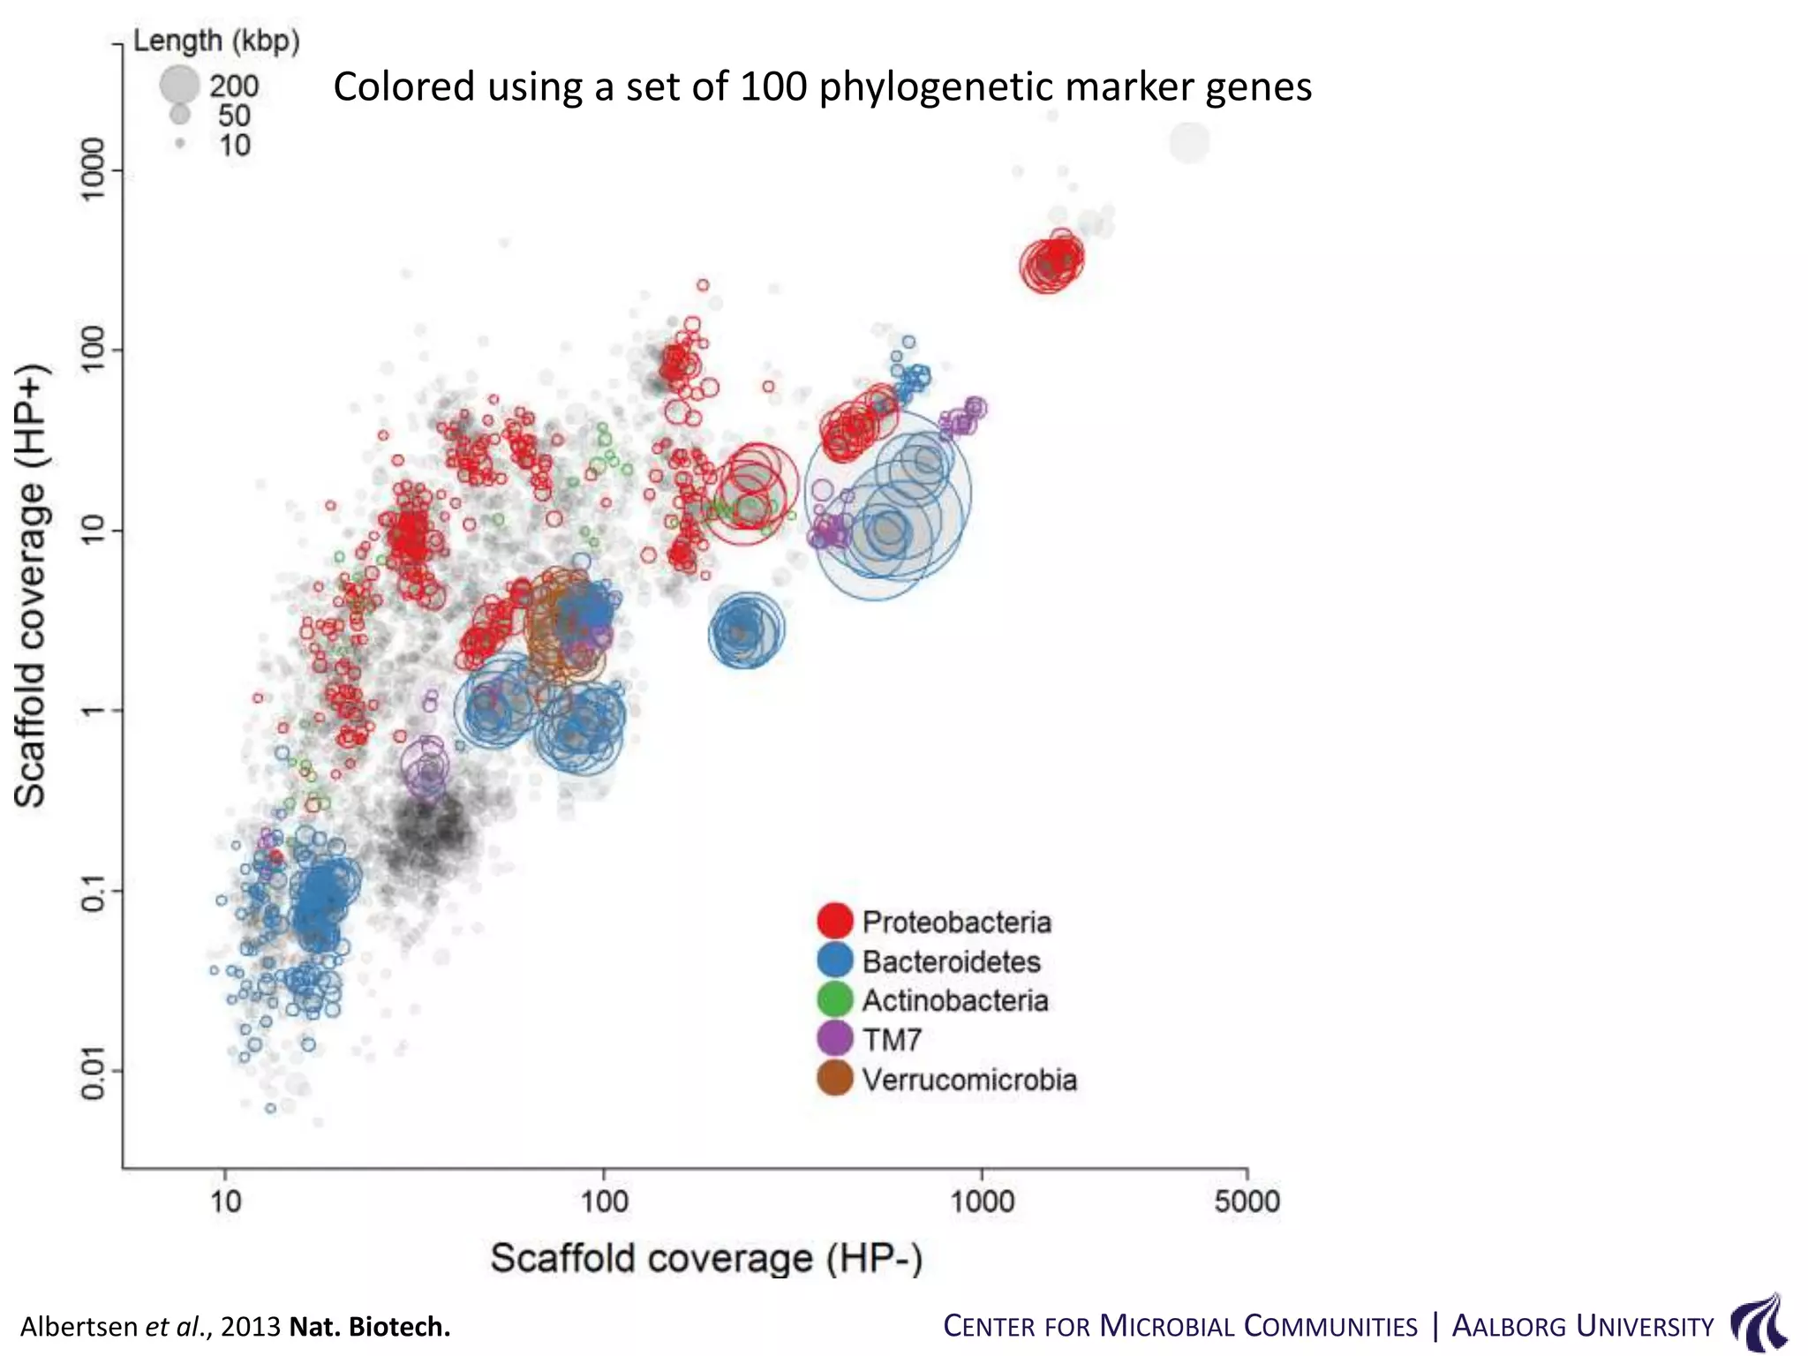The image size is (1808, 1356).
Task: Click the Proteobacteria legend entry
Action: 956,923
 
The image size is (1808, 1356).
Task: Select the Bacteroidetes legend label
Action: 951,961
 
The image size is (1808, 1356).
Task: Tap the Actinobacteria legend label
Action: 955,1001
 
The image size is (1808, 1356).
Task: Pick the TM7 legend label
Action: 892,1040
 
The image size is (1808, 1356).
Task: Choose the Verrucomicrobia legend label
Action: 969,1080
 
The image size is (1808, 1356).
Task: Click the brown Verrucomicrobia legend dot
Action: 834,1079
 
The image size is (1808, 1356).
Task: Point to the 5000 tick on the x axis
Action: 1247,1201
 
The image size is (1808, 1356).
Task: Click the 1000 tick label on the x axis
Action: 982,1201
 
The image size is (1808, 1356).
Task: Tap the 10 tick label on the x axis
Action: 226,1201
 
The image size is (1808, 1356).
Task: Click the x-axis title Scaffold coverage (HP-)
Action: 706,1258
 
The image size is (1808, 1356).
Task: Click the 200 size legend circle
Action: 179,85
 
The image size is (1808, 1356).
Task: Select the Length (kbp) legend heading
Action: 216,41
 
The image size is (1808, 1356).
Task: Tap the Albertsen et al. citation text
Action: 235,1327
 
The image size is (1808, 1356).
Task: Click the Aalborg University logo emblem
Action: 1759,1322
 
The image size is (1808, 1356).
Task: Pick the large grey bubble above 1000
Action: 1189,142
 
